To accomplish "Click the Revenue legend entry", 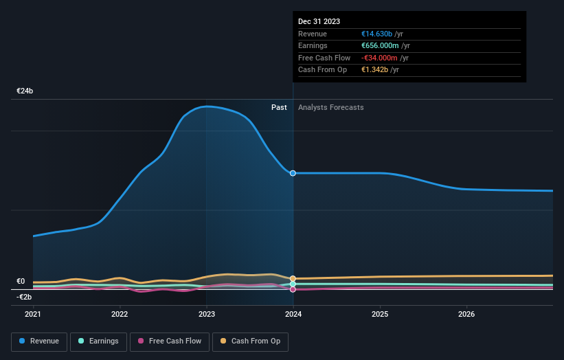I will coord(39,341).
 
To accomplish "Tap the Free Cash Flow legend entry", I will coord(169,341).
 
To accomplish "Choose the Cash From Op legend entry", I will coord(251,341).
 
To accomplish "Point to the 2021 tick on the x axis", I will coord(33,314).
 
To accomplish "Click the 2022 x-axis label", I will coord(120,314).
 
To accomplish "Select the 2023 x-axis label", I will coord(207,314).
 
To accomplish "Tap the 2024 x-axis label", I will coord(293,314).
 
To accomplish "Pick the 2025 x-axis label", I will coord(380,314).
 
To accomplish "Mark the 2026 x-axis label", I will coord(466,314).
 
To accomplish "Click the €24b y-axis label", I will coord(25,91).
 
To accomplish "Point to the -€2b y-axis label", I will coord(25,297).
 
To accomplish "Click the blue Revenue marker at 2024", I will coord(293,173).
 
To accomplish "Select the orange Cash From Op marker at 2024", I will coord(293,279).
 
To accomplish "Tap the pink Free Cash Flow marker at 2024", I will coord(293,289).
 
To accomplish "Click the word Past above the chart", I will coord(279,107).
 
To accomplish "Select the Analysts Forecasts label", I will coord(331,107).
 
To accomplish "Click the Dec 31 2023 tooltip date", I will coord(319,22).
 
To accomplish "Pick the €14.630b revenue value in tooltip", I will coord(377,34).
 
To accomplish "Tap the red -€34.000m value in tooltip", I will coord(380,58).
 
